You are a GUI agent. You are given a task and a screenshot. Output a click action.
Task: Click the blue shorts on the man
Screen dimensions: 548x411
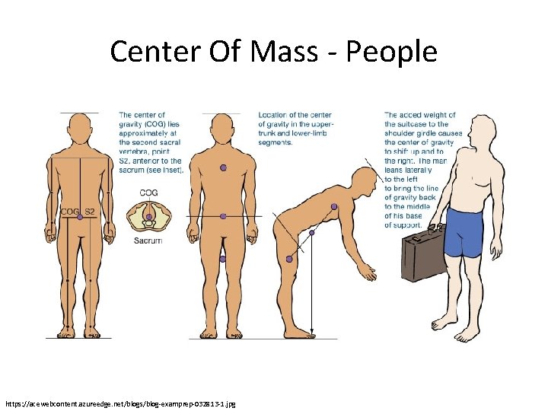pos(464,232)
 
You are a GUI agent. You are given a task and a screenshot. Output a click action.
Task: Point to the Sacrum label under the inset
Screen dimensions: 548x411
pos(148,241)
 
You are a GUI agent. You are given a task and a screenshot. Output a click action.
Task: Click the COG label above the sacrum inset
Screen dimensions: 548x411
pos(148,193)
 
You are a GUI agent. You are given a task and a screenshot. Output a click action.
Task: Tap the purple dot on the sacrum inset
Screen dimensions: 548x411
pos(149,217)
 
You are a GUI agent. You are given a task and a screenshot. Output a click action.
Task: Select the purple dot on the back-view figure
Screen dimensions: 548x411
pos(80,218)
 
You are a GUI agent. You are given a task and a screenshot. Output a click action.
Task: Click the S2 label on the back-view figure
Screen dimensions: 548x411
pos(90,211)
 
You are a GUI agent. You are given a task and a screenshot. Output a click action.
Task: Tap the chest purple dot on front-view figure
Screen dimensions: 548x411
pos(223,167)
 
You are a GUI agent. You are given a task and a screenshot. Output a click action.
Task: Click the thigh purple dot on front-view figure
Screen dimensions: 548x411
pos(222,259)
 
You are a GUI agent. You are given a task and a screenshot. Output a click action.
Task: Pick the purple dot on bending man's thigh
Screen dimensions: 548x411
pos(289,260)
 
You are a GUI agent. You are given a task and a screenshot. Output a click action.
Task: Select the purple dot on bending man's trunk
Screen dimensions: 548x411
pos(334,207)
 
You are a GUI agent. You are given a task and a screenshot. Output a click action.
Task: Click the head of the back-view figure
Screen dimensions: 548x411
pos(80,129)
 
